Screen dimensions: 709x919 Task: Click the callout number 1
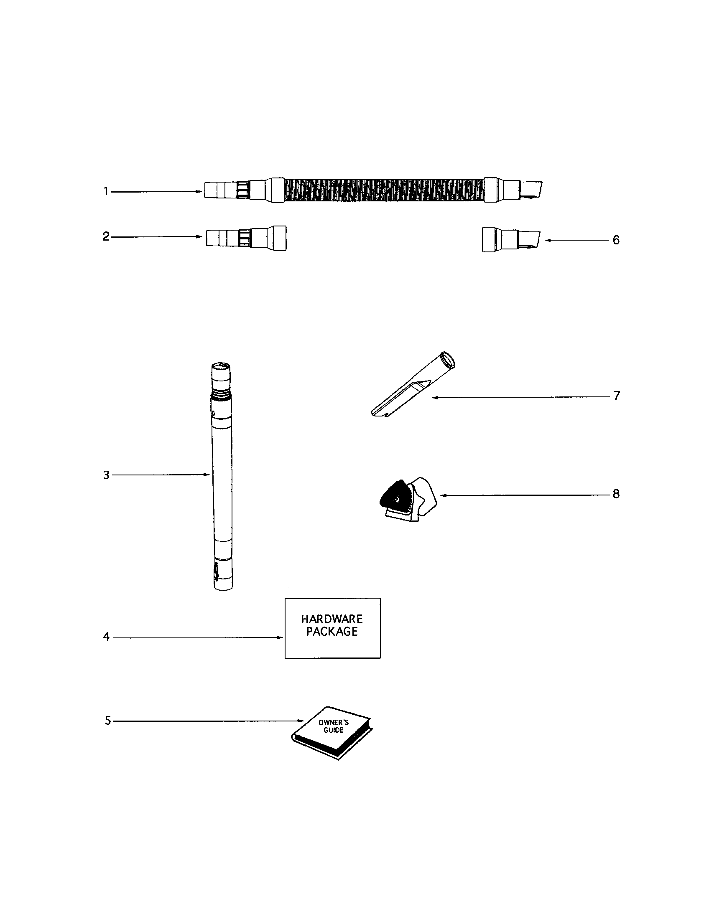[107, 191]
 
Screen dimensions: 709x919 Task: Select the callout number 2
[106, 236]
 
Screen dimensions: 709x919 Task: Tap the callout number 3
[107, 475]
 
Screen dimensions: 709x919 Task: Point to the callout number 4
[106, 637]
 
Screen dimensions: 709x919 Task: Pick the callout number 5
[108, 721]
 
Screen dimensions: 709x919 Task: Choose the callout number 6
[616, 240]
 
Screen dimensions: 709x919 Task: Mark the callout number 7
[616, 396]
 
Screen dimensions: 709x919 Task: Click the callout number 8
[616, 494]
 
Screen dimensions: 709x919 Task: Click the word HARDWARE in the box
[332, 619]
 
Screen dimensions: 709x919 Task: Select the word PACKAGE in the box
[332, 632]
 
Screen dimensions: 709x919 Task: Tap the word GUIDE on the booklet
[334, 730]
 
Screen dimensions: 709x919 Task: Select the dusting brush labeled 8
[408, 500]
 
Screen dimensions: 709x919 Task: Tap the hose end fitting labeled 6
[511, 240]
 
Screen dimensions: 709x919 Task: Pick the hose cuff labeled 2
[246, 239]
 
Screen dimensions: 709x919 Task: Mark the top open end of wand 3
[222, 366]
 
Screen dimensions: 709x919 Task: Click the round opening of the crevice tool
[448, 360]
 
